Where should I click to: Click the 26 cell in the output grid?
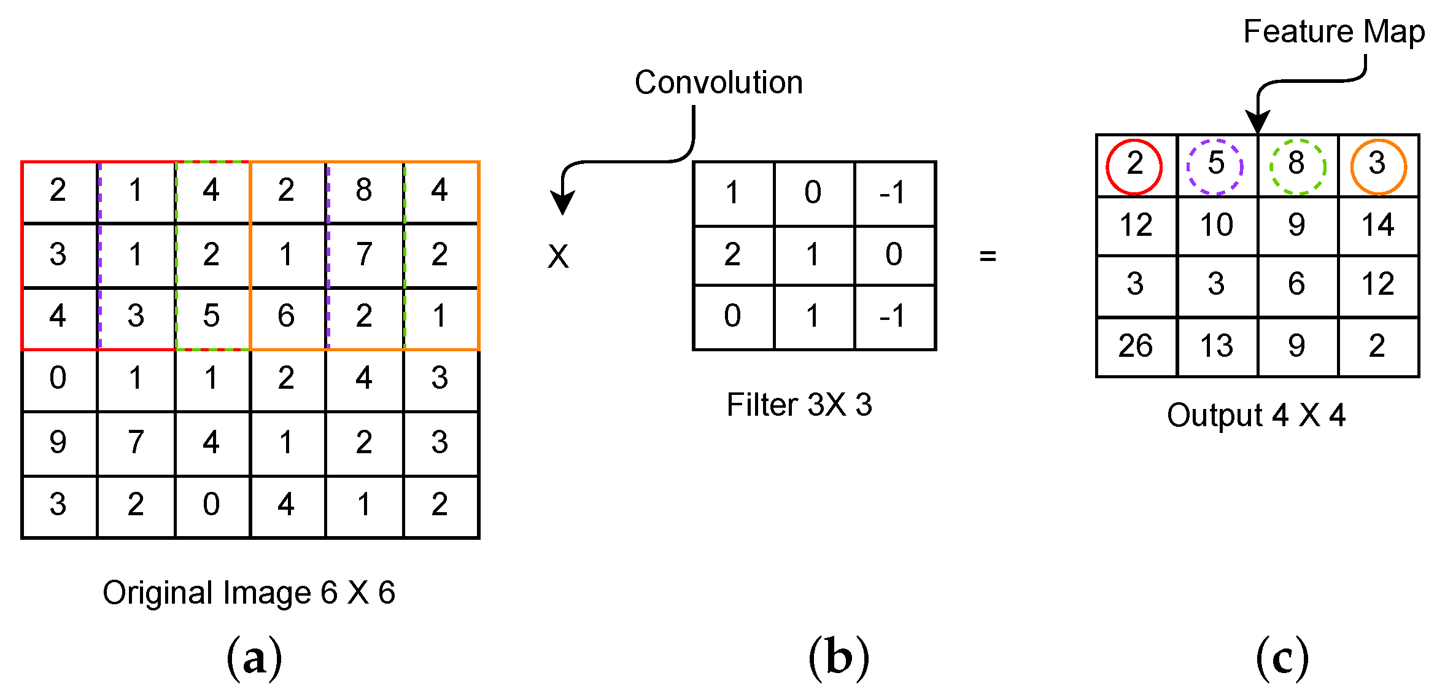(x=1136, y=346)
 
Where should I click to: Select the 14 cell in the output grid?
(x=1378, y=225)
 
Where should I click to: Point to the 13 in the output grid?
(x=1216, y=346)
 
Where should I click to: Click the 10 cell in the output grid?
(x=1216, y=225)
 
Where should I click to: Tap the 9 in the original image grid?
(x=58, y=442)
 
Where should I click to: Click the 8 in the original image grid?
(x=364, y=190)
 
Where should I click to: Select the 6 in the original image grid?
(x=286, y=316)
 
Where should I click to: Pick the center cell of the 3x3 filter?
(x=813, y=255)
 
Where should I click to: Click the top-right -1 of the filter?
(x=893, y=193)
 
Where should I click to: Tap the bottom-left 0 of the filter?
(x=732, y=316)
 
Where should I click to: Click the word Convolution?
(x=718, y=83)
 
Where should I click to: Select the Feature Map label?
(x=1333, y=32)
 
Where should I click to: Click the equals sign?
(x=988, y=255)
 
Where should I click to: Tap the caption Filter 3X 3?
(x=799, y=405)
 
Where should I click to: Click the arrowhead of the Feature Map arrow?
(x=1257, y=121)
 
